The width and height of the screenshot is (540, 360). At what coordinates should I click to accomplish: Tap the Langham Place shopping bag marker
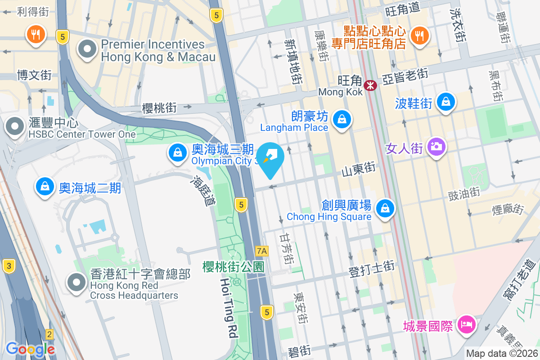(x=342, y=119)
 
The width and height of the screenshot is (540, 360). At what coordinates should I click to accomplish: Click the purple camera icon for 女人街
(x=436, y=146)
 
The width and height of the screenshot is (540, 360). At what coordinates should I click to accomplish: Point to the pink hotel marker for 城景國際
(x=467, y=324)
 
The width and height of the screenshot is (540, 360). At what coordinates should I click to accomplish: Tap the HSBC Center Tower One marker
(x=15, y=126)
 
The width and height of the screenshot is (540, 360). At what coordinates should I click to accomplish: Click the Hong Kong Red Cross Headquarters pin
(x=76, y=282)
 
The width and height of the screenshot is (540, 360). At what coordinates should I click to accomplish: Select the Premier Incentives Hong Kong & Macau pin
(x=87, y=49)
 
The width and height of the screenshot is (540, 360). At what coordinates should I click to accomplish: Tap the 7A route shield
(x=261, y=251)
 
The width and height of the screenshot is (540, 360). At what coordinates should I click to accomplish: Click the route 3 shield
(x=8, y=265)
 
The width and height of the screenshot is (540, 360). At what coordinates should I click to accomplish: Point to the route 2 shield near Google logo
(x=49, y=334)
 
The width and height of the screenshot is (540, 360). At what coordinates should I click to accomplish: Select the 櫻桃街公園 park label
(x=233, y=266)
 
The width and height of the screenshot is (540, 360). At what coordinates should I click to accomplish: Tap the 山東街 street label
(x=359, y=170)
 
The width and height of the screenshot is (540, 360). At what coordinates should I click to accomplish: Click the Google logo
(x=30, y=349)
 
